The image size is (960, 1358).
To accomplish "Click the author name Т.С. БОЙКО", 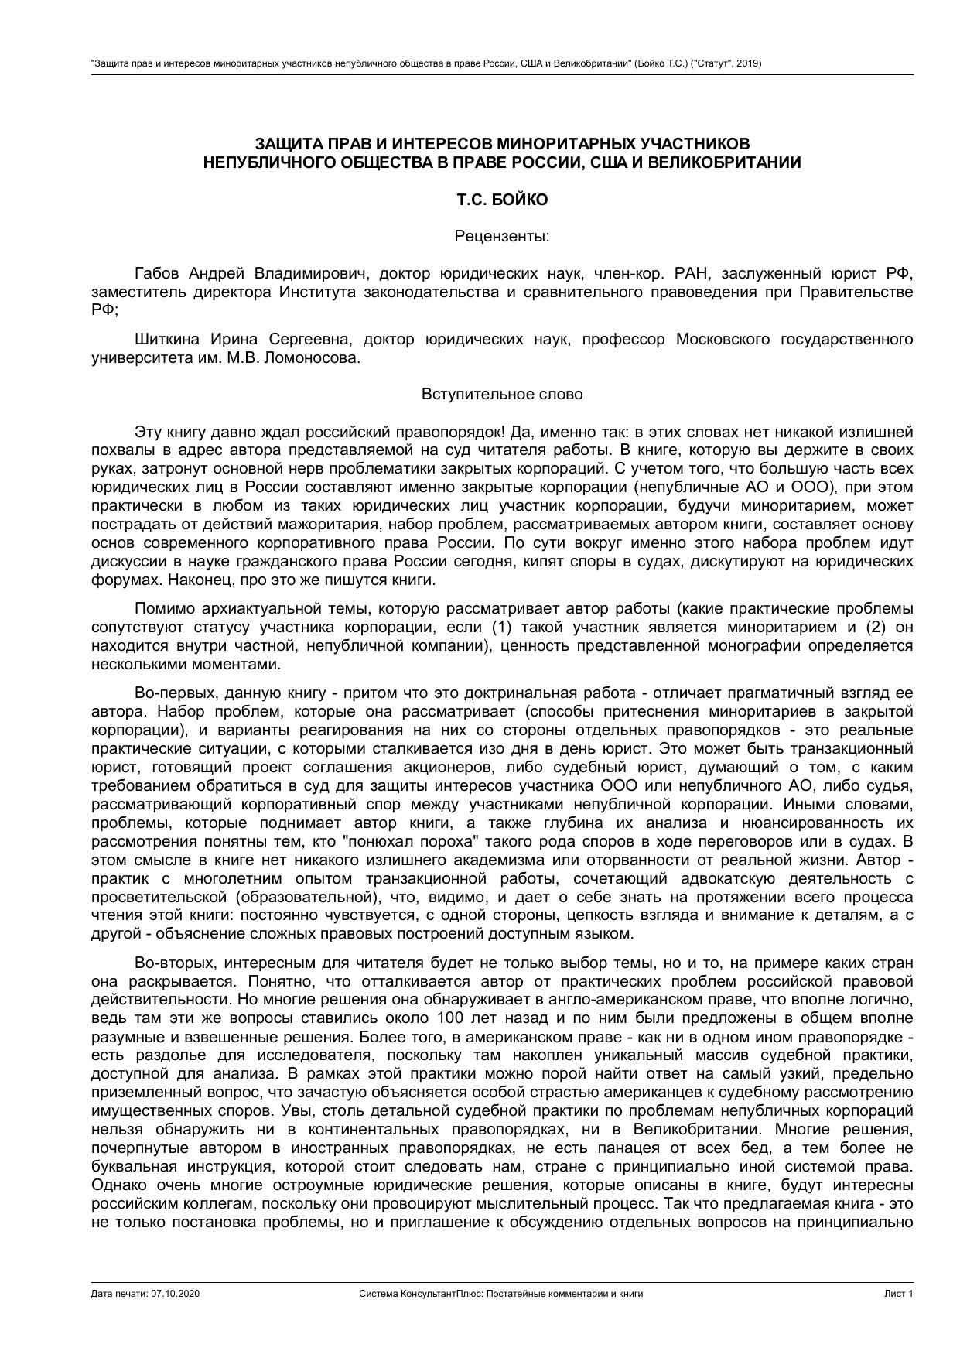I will click(502, 200).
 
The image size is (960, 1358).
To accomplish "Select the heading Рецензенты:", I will click(502, 236).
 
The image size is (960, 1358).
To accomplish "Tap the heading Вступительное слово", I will click(502, 394).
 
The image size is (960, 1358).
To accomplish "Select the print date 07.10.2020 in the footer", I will click(176, 1294).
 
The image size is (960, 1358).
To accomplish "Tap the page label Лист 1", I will click(899, 1294).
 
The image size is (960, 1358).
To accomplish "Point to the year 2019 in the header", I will click(748, 63).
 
